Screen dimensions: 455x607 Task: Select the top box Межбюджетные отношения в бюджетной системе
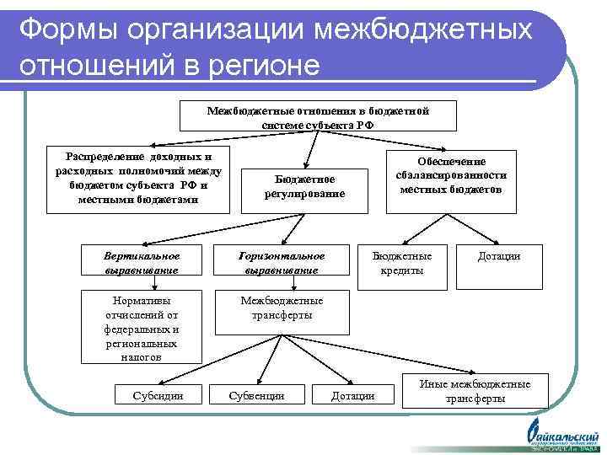pyautogui.click(x=319, y=116)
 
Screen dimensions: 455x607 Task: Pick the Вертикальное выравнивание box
pyautogui.click(x=142, y=262)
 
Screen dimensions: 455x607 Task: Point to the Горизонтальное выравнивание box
pyautogui.click(x=281, y=262)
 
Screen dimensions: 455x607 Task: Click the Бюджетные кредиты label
pyautogui.click(x=402, y=263)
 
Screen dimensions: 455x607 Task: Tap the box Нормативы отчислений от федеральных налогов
pyautogui.click(x=142, y=328)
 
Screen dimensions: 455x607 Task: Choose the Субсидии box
pyautogui.click(x=158, y=395)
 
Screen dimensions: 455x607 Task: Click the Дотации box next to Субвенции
pyautogui.click(x=353, y=395)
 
